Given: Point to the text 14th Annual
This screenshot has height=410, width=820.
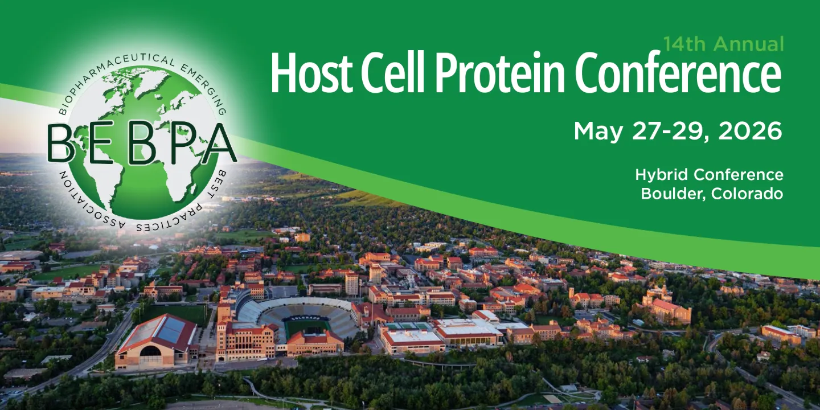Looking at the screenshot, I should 723,44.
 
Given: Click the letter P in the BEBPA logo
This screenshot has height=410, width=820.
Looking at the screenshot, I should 184,143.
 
